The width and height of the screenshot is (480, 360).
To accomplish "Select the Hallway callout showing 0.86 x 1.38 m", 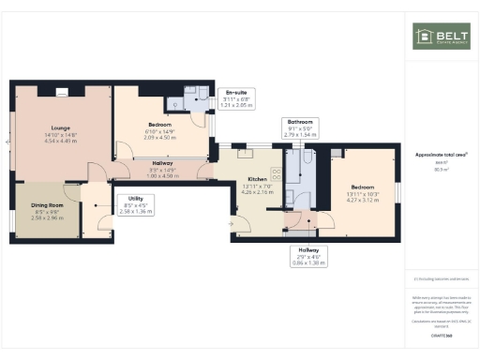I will [x=308, y=257].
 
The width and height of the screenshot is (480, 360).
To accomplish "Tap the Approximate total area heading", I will [x=441, y=156].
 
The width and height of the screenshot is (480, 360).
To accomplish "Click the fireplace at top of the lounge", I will [x=61, y=91].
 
